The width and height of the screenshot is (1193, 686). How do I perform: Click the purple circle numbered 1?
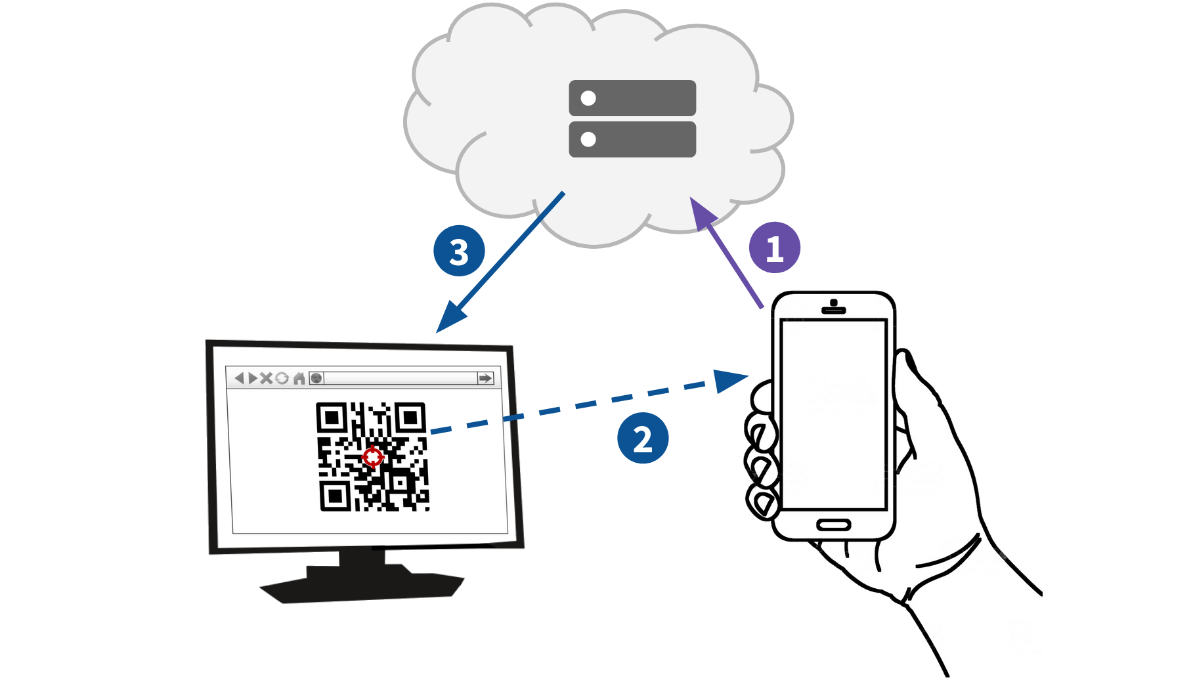point(774,247)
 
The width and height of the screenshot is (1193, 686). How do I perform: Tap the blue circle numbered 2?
point(642,438)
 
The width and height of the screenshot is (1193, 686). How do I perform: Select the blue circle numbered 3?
point(459,251)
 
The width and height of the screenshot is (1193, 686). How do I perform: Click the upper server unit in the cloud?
point(632,98)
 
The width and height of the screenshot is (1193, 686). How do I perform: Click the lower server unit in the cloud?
point(632,139)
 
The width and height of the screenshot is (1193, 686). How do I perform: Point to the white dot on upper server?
point(588,98)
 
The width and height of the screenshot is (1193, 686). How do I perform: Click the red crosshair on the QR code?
point(372,457)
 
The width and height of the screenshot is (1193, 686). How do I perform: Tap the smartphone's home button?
point(833,525)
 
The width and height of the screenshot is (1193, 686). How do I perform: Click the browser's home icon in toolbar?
point(299,378)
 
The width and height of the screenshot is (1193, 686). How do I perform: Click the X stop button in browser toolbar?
point(266,378)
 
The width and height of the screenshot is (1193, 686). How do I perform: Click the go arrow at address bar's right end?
point(485,378)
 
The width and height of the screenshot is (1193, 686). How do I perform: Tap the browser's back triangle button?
point(240,378)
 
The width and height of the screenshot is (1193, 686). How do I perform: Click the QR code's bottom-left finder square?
point(335,495)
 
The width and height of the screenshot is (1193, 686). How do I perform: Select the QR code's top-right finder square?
point(410,418)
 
